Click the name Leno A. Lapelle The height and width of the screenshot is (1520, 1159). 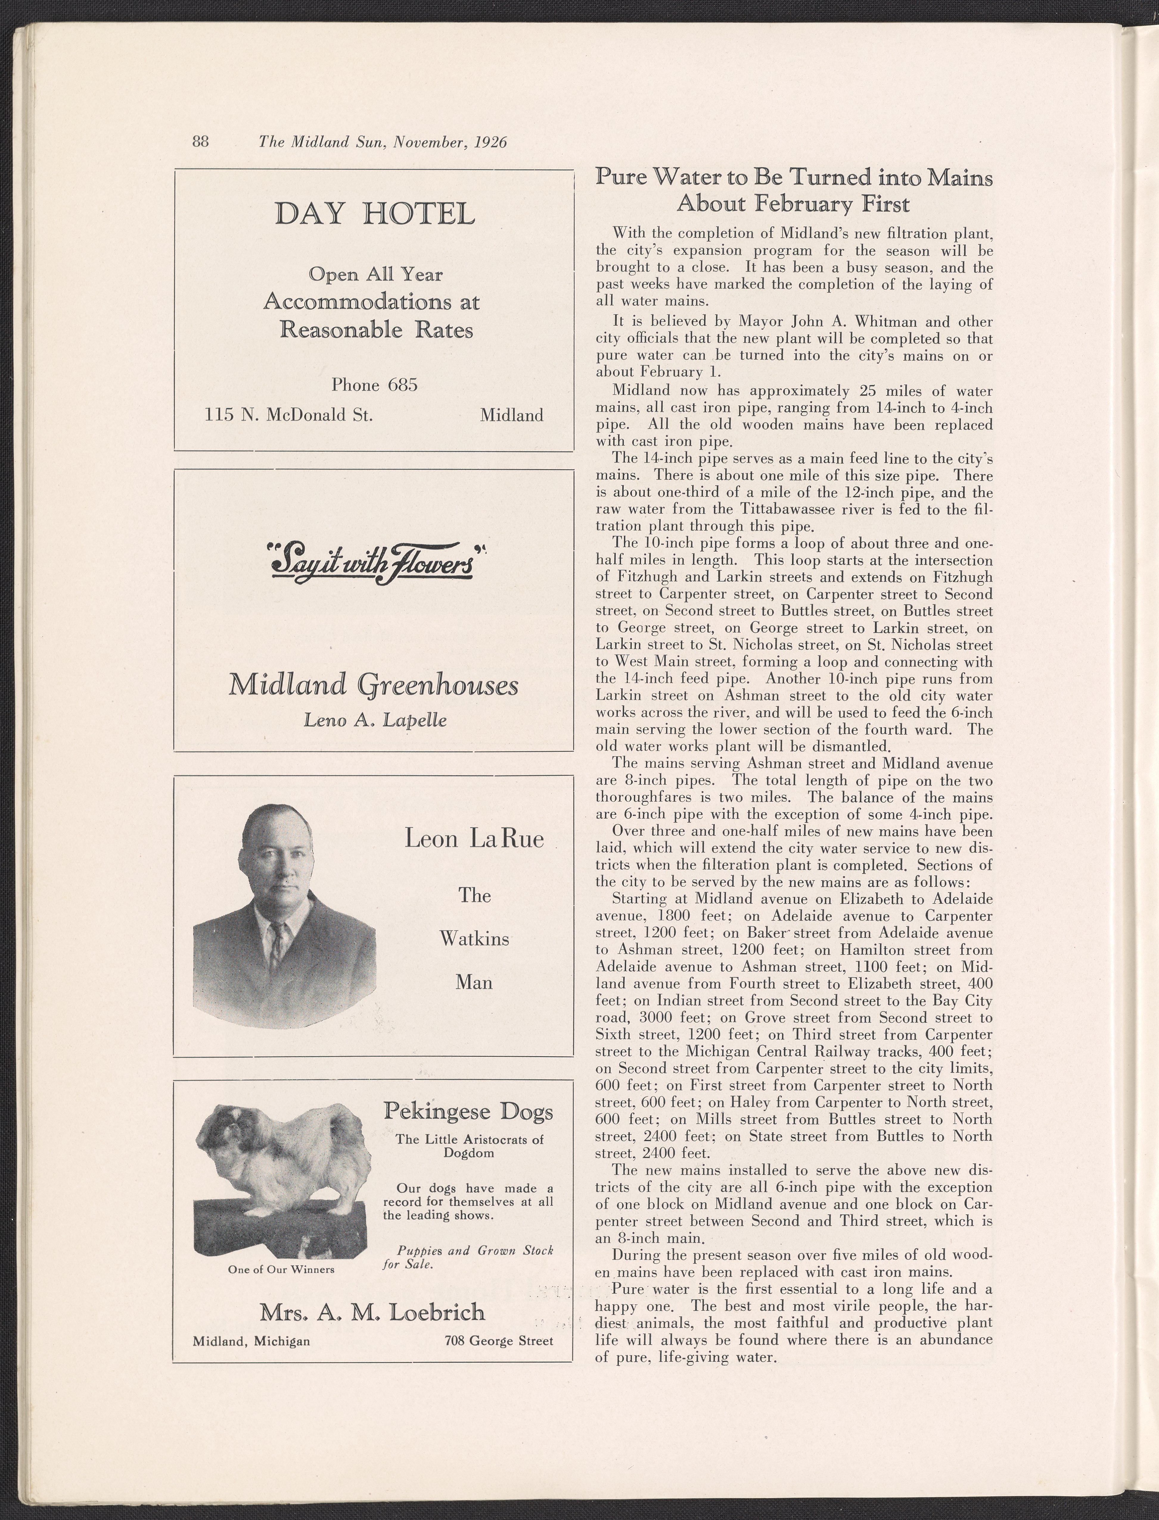tap(375, 720)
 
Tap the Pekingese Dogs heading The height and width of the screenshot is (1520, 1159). tap(468, 1112)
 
